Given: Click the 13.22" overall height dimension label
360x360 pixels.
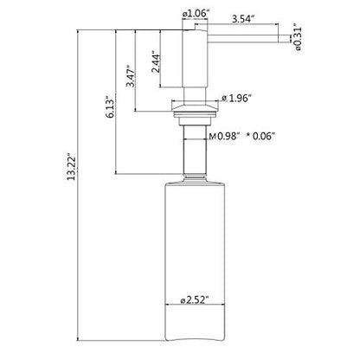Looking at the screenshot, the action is [71, 167].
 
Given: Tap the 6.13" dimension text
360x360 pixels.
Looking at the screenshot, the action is [110, 108].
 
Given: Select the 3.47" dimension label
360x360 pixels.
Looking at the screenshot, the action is [130, 76].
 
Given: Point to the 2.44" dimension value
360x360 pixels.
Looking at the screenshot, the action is [156, 62].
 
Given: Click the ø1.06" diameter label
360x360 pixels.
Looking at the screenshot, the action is [195, 13].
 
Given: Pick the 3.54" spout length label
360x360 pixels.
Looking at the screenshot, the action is [243, 19].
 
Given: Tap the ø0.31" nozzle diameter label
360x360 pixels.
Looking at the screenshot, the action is [298, 36].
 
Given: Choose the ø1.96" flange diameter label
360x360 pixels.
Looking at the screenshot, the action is [235, 99].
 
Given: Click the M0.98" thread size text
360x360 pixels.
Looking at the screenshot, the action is [224, 136].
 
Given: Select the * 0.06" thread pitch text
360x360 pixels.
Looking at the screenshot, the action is [260, 136].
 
